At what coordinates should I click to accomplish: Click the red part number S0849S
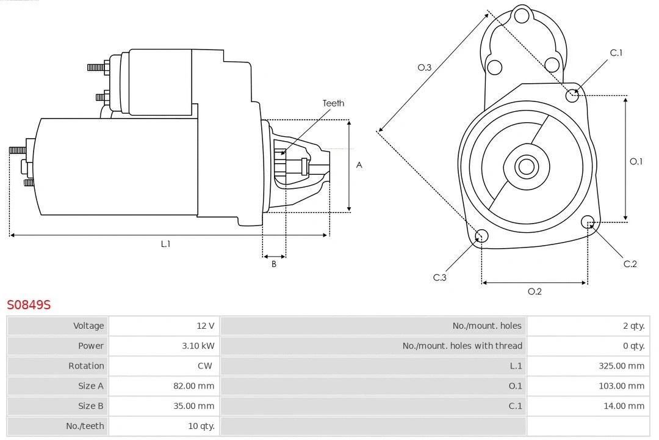click(x=29, y=304)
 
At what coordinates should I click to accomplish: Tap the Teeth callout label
click(x=333, y=103)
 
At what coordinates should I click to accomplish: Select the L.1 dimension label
click(x=165, y=244)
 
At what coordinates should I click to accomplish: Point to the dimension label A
click(x=359, y=165)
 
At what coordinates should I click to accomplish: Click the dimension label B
click(x=274, y=265)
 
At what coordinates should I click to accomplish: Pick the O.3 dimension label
click(x=424, y=67)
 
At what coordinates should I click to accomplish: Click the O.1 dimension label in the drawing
click(x=636, y=161)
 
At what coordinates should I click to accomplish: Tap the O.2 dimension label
click(x=535, y=291)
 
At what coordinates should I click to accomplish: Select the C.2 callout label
click(x=630, y=264)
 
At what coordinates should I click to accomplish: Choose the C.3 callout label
click(x=440, y=277)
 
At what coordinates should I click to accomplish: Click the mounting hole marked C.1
click(x=572, y=95)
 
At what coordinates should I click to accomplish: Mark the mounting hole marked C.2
click(x=588, y=221)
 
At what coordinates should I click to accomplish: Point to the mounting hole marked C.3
click(x=481, y=237)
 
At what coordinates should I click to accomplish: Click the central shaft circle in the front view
click(x=525, y=166)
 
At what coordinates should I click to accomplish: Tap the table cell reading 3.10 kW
click(x=198, y=346)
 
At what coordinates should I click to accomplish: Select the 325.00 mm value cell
click(x=621, y=366)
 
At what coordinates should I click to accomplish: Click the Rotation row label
click(x=86, y=366)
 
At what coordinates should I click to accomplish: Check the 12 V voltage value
click(x=206, y=326)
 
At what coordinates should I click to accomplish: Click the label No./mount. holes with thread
click(x=462, y=346)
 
